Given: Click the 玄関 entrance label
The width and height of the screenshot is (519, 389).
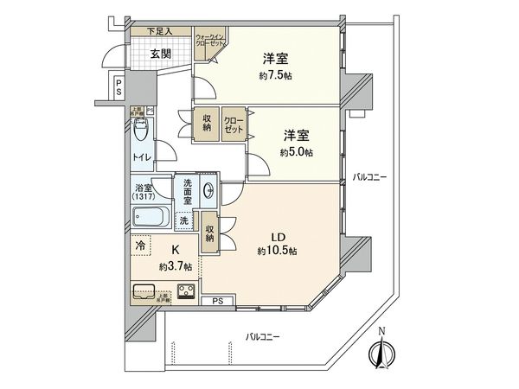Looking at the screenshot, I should [x=160, y=53].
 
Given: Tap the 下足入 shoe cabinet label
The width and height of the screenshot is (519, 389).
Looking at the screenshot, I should [x=159, y=32].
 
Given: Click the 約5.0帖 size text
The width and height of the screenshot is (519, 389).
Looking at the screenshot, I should [x=297, y=151].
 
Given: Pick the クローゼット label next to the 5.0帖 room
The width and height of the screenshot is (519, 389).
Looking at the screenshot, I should [x=234, y=124].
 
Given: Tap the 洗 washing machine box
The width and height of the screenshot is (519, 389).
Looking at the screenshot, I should [x=183, y=220].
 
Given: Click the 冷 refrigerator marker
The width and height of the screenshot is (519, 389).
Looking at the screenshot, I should [x=140, y=245].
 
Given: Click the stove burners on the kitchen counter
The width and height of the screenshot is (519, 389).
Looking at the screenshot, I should [x=184, y=290].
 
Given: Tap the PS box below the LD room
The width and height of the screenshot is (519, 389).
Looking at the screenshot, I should [x=217, y=300].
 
